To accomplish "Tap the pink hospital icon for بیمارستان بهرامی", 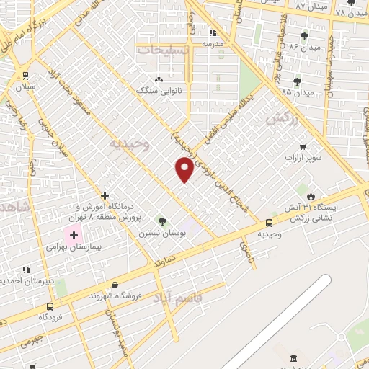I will (x=73, y=234).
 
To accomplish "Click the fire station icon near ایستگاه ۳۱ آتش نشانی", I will (x=311, y=195).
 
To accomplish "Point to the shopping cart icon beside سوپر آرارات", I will (x=312, y=146).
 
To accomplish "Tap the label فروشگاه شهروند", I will (x=115, y=296).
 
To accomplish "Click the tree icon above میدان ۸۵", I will (x=297, y=81).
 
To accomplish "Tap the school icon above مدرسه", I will (x=213, y=32).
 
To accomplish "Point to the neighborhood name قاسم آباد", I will (x=179, y=296).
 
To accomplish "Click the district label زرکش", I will (x=282, y=120).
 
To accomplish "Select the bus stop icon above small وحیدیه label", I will (x=269, y=223).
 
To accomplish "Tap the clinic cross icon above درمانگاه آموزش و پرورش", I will (x=105, y=195).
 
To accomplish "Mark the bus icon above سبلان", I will (x=26, y=76).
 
